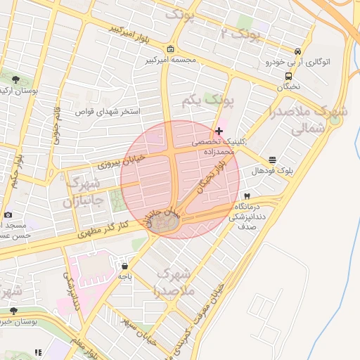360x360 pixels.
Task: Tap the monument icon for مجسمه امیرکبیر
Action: coord(172,49)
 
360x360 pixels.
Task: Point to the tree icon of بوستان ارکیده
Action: coord(15,79)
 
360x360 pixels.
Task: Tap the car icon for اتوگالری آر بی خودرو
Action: coord(299,52)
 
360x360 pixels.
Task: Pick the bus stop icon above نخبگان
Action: coord(288,76)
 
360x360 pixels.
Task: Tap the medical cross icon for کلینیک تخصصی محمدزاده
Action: coord(219,131)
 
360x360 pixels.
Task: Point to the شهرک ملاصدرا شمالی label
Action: coord(298,120)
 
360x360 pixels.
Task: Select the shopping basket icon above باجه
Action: coord(125,266)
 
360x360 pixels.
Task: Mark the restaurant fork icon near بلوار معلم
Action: coord(38,352)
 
